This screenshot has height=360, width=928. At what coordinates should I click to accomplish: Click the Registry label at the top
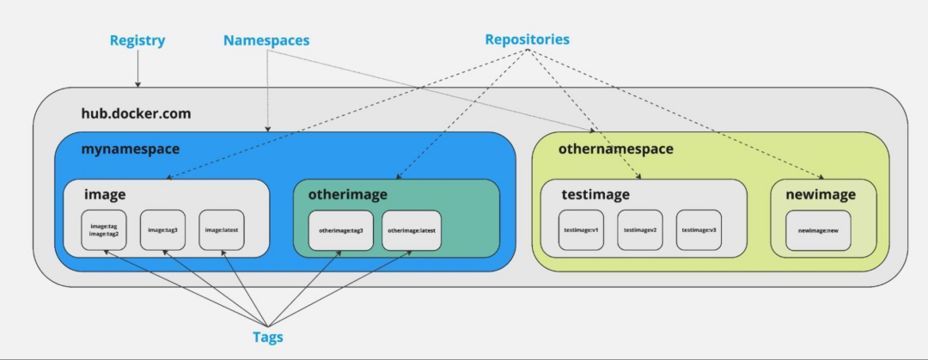[x=137, y=40]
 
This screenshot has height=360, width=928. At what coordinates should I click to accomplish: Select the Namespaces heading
[x=266, y=40]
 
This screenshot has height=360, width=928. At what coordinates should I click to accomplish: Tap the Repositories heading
[x=527, y=40]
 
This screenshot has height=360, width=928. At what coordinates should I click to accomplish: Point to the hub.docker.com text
[x=136, y=113]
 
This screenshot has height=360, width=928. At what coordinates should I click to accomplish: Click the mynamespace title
[x=131, y=149]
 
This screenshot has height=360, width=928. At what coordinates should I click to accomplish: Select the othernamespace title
[x=615, y=149]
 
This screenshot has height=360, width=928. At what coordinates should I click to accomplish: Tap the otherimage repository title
[x=348, y=195]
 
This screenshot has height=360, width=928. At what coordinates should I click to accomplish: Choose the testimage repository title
[x=595, y=195]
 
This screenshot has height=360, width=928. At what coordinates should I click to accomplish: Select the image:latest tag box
[x=222, y=230]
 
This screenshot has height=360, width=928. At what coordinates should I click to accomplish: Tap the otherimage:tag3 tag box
[x=341, y=230]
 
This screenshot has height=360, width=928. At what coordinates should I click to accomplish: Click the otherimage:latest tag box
[x=412, y=230]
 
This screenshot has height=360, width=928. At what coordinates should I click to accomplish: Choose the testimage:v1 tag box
[x=581, y=230]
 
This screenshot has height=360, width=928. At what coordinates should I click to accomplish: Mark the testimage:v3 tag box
[x=699, y=230]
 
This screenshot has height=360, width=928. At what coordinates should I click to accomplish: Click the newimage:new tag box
[x=818, y=230]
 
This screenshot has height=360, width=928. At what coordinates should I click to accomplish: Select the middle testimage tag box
[x=640, y=230]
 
